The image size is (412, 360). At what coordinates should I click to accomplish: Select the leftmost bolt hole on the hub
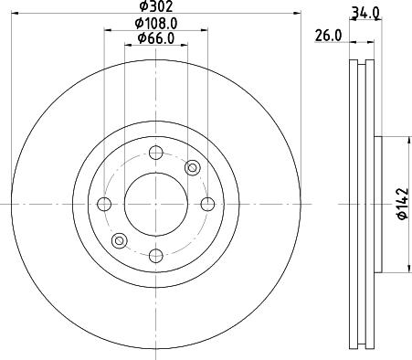pos(104,203)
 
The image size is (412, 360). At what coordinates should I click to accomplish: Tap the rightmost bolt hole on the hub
pos(207,203)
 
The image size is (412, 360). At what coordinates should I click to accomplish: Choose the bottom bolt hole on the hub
pos(155,254)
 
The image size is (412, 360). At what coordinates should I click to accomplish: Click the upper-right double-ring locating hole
pos(192,167)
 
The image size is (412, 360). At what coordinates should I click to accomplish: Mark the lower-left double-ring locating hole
pos(119,239)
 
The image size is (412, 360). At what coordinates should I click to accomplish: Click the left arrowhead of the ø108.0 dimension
pos(107,30)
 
